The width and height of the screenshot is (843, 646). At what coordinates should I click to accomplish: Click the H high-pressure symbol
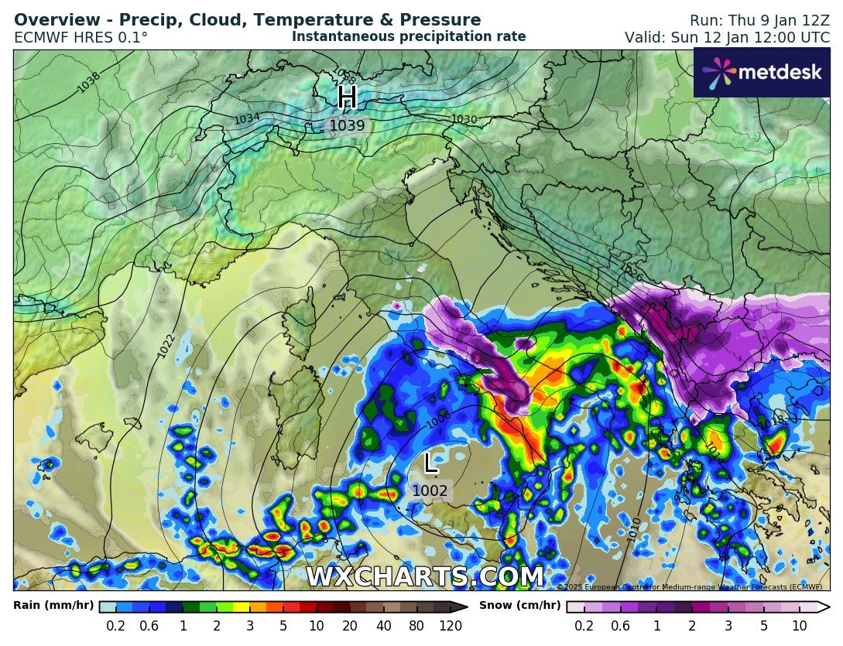click(x=348, y=97)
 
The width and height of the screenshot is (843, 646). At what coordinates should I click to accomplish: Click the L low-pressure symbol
click(x=430, y=463)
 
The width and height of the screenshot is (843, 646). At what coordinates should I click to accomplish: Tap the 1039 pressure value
click(x=348, y=125)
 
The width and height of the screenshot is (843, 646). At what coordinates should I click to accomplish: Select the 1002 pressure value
click(x=430, y=490)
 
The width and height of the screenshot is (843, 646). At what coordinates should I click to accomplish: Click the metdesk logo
click(x=762, y=73)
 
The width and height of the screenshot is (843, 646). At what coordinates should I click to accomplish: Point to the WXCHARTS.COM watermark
click(x=425, y=577)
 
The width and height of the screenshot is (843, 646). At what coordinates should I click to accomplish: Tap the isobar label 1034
click(x=247, y=119)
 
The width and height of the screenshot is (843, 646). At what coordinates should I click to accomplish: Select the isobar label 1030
click(x=464, y=119)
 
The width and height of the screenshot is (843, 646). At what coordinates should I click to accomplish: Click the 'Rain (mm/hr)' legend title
click(x=53, y=606)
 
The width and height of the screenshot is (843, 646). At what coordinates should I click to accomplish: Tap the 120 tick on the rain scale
click(x=451, y=626)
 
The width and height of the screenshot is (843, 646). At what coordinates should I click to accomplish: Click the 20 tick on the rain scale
click(x=350, y=626)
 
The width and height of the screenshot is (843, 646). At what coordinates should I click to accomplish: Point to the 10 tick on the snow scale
click(x=800, y=626)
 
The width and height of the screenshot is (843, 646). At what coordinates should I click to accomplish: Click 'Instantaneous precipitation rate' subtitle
click(x=409, y=36)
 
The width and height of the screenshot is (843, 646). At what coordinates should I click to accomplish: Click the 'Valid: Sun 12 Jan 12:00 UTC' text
click(x=727, y=37)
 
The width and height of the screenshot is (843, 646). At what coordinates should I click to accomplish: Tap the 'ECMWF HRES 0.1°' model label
click(x=81, y=37)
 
